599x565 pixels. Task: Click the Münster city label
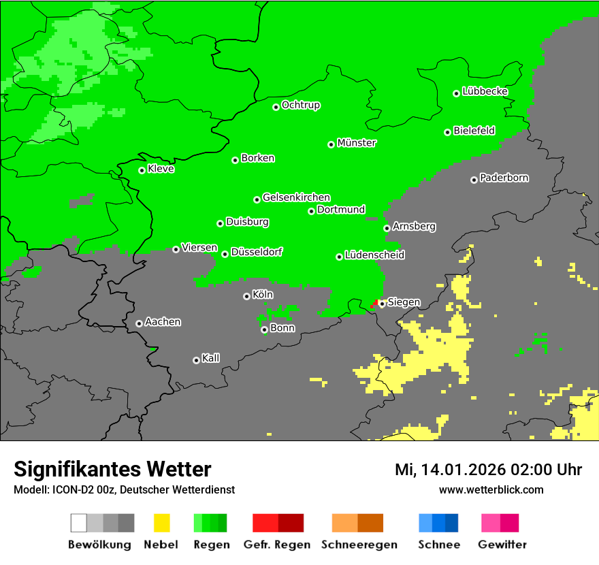click(357, 143)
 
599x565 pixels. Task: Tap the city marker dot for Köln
click(246, 296)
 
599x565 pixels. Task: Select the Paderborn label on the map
click(504, 178)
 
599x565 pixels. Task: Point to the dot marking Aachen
click(139, 323)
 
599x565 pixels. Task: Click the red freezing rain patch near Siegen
click(374, 304)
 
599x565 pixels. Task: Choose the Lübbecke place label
click(485, 91)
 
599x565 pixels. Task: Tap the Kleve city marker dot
click(142, 170)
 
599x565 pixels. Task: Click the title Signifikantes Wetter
click(112, 469)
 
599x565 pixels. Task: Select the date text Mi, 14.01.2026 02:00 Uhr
click(488, 470)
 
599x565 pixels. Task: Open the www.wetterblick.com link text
click(491, 489)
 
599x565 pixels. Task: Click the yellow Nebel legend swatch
click(161, 523)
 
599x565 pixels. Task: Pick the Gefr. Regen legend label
click(277, 545)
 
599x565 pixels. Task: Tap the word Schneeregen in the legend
click(358, 545)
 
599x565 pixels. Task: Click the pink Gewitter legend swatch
click(490, 523)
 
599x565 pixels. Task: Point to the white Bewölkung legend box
click(79, 523)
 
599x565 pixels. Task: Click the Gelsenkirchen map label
click(296, 197)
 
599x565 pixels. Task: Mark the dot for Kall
click(196, 360)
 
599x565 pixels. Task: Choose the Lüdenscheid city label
click(374, 255)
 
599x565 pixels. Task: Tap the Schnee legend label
click(438, 545)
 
